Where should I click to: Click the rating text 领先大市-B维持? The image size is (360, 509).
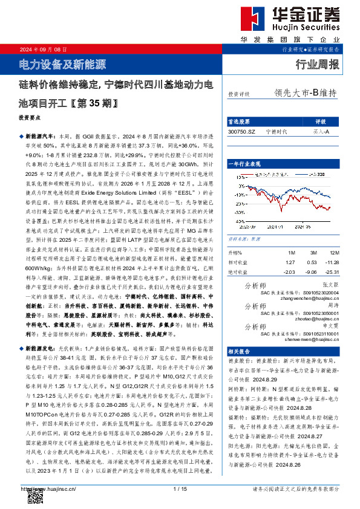tap(305, 93)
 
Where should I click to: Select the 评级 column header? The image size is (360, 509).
tap(321, 122)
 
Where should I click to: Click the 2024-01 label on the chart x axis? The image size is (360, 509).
tap(277, 227)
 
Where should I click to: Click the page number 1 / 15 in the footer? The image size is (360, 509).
tap(180, 488)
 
